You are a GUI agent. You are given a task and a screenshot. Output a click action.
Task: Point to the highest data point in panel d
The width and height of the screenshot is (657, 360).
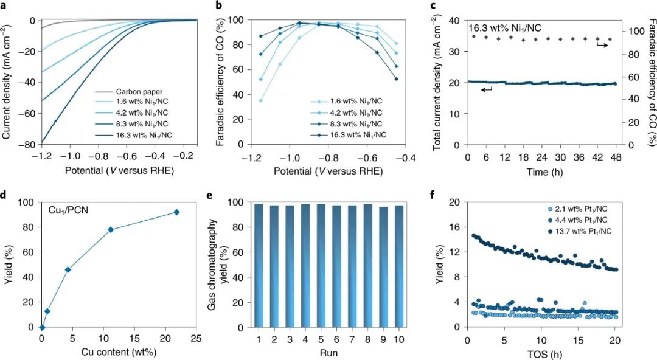pos(177,212)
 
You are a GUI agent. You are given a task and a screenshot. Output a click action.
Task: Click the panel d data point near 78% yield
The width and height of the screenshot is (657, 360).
pos(111,229)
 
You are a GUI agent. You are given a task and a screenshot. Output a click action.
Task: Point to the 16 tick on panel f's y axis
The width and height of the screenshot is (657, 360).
pos(453,227)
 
